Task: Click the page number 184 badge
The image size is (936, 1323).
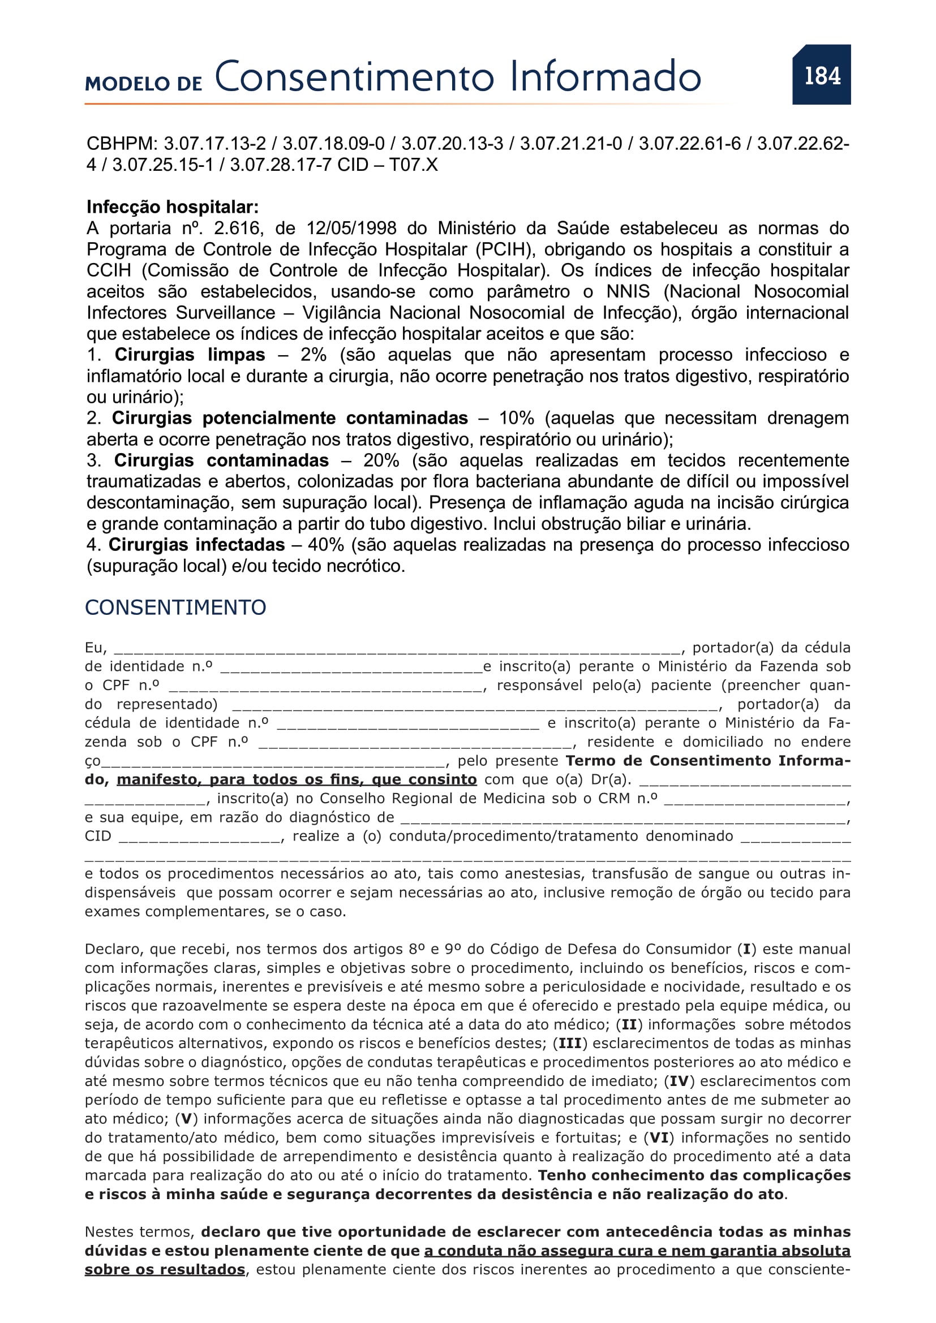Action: (821, 75)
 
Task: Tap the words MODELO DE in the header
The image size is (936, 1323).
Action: (144, 84)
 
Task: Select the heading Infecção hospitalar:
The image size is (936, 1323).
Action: (173, 207)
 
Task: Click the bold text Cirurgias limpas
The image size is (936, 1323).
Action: (190, 355)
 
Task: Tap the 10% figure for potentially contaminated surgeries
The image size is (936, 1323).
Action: (516, 419)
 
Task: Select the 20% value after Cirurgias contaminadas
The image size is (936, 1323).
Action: (381, 460)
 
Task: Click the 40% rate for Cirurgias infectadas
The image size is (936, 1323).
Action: (325, 545)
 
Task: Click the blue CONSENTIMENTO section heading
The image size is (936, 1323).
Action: (175, 607)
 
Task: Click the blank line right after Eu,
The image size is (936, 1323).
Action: (397, 649)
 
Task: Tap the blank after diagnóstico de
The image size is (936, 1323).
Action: (624, 818)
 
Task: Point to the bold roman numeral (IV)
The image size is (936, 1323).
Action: (679, 1081)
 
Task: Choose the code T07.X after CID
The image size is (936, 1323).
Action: (413, 165)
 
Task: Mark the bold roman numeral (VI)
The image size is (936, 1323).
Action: (659, 1138)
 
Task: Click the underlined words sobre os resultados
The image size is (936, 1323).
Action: (165, 1270)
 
